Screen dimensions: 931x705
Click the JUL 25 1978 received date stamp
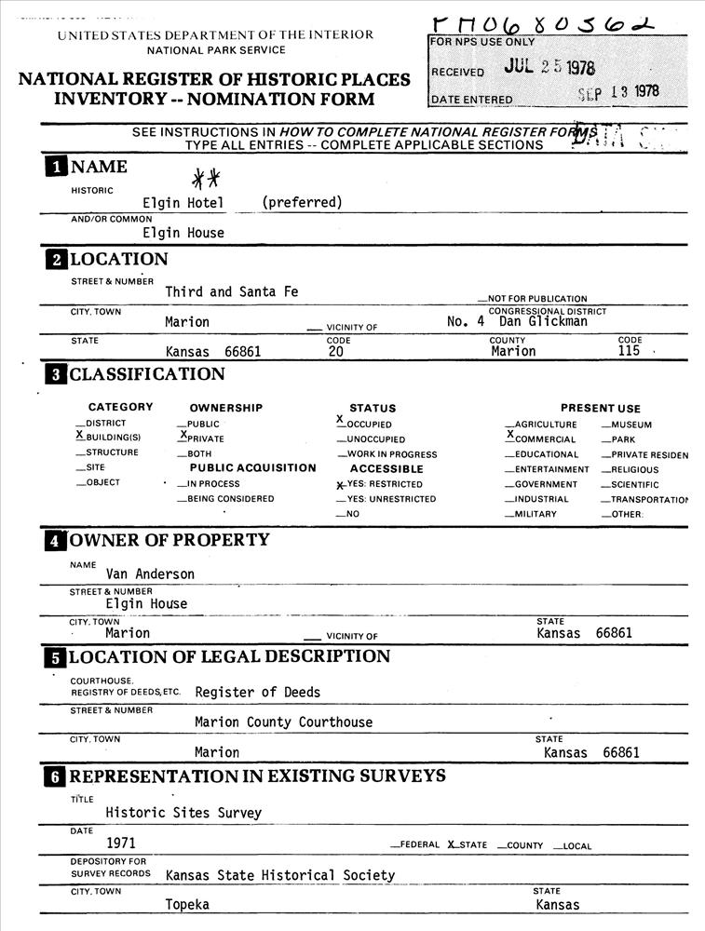pyautogui.click(x=549, y=68)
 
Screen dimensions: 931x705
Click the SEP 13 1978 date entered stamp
pyautogui.click(x=617, y=92)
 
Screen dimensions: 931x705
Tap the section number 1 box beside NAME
pyautogui.click(x=57, y=168)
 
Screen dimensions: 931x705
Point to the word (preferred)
pyautogui.click(x=302, y=202)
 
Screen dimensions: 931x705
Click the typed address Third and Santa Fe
pyautogui.click(x=232, y=292)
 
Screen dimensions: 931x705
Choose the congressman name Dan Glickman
pyautogui.click(x=543, y=321)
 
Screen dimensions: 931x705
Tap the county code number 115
pyautogui.click(x=630, y=352)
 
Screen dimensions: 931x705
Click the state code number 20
pyautogui.click(x=336, y=352)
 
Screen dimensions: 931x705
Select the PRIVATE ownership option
pyautogui.click(x=202, y=439)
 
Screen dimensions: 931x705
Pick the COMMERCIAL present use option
pyautogui.click(x=542, y=439)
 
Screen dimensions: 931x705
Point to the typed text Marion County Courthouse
pyautogui.click(x=283, y=722)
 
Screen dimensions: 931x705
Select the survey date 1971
pyautogui.click(x=121, y=843)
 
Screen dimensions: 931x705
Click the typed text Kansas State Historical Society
pyautogui.click(x=280, y=875)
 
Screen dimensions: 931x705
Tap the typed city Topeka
pyautogui.click(x=187, y=905)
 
